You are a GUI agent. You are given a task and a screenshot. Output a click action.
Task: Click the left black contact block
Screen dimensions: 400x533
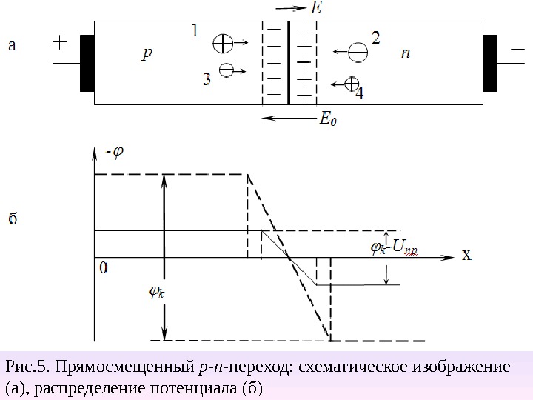coord(87,63)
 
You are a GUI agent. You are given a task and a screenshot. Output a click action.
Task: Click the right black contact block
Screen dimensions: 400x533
coord(489,63)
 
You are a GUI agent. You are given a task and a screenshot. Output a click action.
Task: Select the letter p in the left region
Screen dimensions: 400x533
coord(147,53)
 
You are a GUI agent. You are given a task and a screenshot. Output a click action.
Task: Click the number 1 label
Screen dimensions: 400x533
coord(195,31)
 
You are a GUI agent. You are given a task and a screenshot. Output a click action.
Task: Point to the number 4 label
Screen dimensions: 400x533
coord(359,94)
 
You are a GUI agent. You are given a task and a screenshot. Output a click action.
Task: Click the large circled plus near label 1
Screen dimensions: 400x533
coord(222,44)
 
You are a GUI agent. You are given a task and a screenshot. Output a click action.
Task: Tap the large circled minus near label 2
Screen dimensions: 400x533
coord(358,53)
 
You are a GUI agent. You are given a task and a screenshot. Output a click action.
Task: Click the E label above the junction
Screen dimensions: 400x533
coord(317,9)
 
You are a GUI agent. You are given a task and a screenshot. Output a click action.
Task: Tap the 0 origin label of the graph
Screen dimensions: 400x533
coord(103,267)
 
